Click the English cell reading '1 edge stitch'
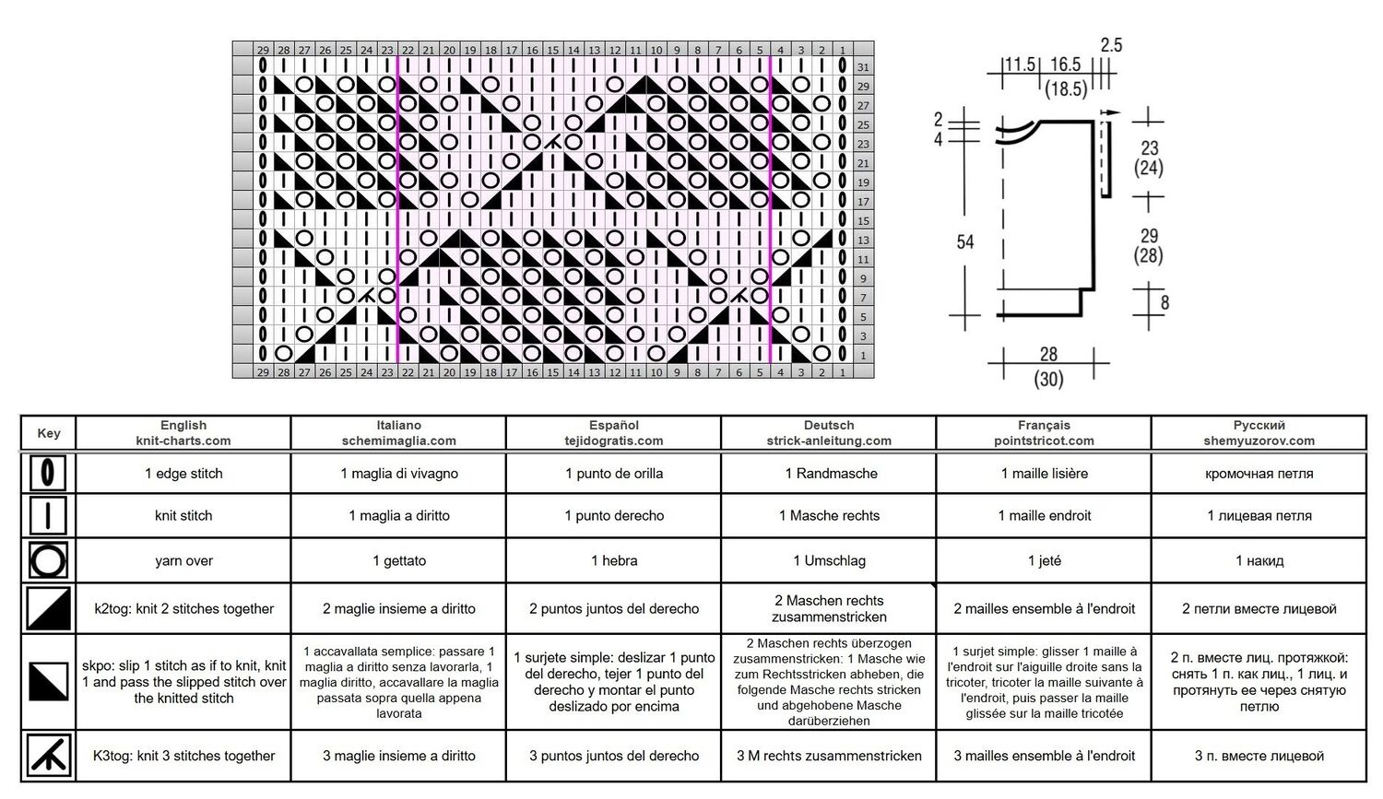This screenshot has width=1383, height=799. tap(183, 474)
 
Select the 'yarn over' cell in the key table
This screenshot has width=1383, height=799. tap(183, 560)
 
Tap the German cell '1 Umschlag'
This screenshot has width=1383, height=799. tap(829, 560)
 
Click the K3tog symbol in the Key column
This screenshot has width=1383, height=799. tap(49, 755)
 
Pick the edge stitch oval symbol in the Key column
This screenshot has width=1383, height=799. tap(48, 474)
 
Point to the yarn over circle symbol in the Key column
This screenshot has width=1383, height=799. tap(48, 561)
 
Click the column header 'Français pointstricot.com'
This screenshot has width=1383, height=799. tap(1044, 432)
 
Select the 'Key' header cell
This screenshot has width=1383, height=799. tap(49, 433)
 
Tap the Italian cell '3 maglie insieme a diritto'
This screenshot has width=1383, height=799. tap(399, 755)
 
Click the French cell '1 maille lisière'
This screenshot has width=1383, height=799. tap(1044, 474)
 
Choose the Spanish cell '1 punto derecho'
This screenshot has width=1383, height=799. tap(614, 515)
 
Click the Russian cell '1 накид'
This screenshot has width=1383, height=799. tap(1259, 560)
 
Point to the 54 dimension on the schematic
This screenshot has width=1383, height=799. tap(965, 241)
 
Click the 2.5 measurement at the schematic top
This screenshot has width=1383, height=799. tap(1111, 45)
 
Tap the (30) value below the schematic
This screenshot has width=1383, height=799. tap(1048, 378)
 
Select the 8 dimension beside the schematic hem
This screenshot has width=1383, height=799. tap(1164, 302)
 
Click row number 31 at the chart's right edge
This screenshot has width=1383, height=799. tap(862, 66)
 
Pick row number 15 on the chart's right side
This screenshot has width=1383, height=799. tap(862, 220)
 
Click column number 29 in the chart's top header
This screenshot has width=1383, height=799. tap(263, 50)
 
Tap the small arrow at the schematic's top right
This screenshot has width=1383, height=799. tap(1111, 113)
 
